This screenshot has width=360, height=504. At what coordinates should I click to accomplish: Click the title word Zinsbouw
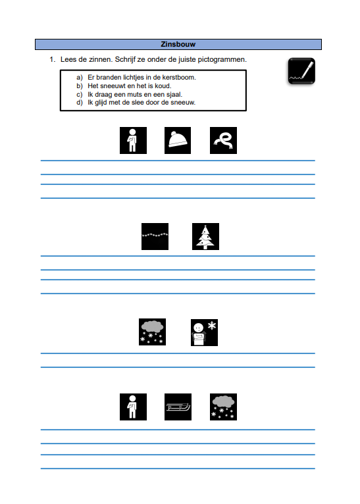(178, 44)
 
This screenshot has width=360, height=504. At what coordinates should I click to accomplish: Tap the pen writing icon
(301, 71)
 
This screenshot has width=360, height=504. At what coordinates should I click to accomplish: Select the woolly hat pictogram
(178, 140)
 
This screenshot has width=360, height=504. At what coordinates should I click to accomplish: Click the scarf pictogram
(223, 140)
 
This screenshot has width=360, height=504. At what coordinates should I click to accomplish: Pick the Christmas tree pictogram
(206, 237)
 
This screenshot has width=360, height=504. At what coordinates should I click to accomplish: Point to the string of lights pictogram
(155, 237)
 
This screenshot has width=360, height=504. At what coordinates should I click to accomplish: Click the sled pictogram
(178, 407)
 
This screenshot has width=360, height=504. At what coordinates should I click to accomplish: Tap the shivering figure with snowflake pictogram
(205, 333)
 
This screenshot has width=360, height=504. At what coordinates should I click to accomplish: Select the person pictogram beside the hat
(134, 140)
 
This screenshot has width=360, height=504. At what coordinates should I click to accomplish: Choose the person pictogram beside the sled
(134, 407)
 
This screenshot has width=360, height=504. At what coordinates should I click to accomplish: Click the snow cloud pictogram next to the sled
(223, 407)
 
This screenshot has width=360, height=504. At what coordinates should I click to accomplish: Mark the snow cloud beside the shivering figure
(152, 332)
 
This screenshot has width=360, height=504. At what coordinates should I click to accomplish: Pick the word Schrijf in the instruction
(125, 60)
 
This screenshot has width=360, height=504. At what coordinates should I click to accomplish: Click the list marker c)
(80, 95)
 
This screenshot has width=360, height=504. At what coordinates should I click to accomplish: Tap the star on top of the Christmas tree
(206, 226)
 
